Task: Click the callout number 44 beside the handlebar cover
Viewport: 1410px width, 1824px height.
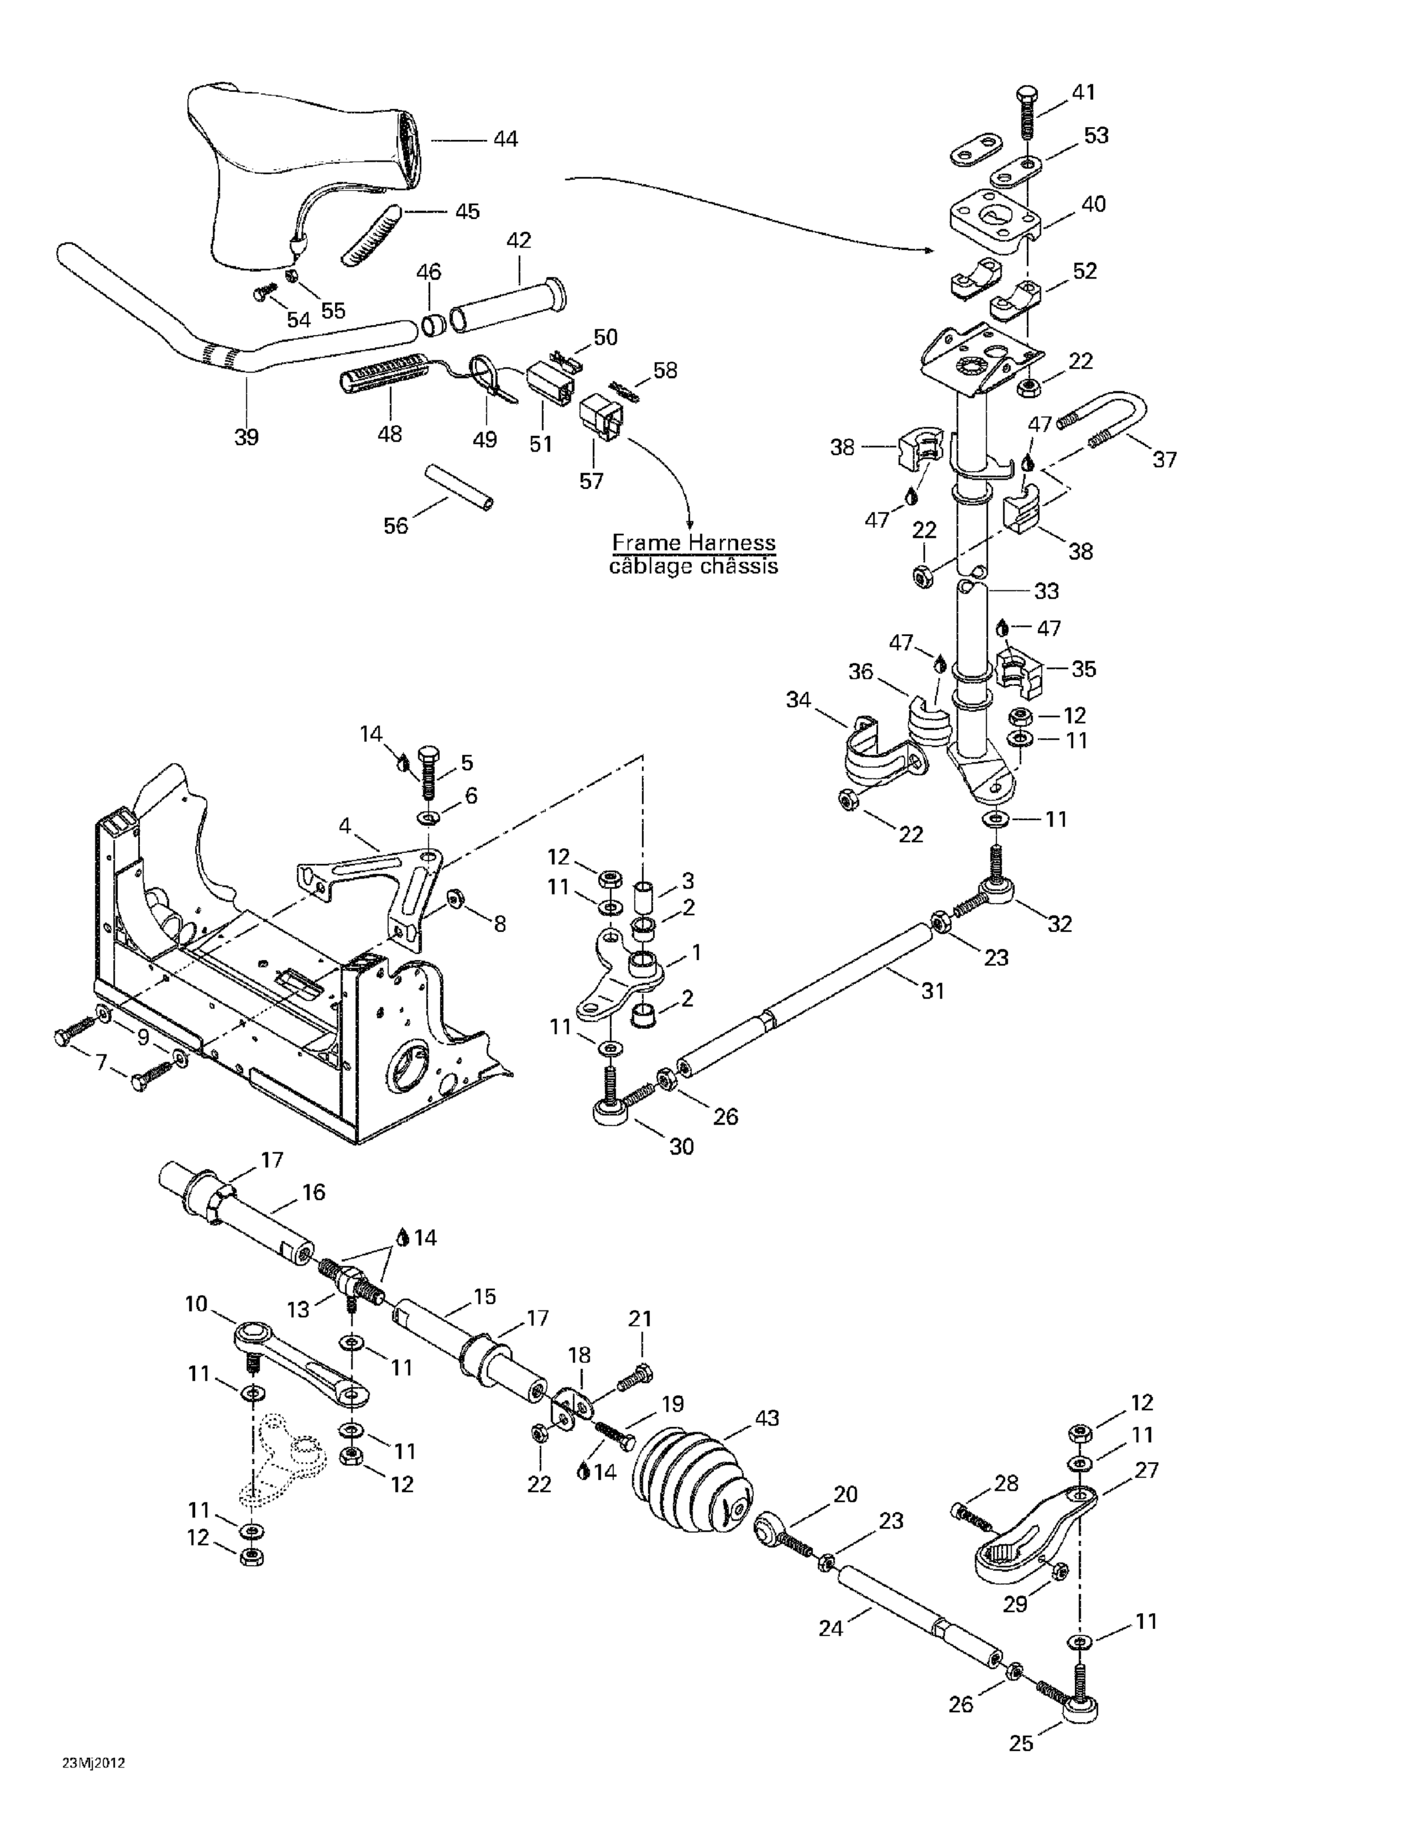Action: click(x=505, y=139)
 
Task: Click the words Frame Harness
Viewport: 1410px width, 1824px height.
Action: click(x=693, y=543)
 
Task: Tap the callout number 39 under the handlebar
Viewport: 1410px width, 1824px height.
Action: click(x=246, y=436)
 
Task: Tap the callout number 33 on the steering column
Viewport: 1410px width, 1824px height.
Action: click(x=1046, y=590)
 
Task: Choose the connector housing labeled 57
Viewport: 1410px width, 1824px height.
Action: click(x=600, y=418)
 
